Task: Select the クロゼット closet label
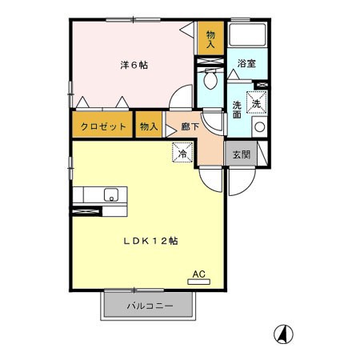(102, 126)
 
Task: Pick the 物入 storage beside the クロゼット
(149, 126)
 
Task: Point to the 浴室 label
(246, 64)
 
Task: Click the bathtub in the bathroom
(247, 36)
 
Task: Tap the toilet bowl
(211, 81)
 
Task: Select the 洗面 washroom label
(238, 110)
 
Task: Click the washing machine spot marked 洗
(257, 102)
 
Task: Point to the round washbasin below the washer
(258, 126)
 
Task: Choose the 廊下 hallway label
(190, 126)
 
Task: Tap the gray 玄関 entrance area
(241, 154)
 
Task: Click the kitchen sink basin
(110, 194)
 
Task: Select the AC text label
(199, 274)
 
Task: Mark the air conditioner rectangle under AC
(199, 282)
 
